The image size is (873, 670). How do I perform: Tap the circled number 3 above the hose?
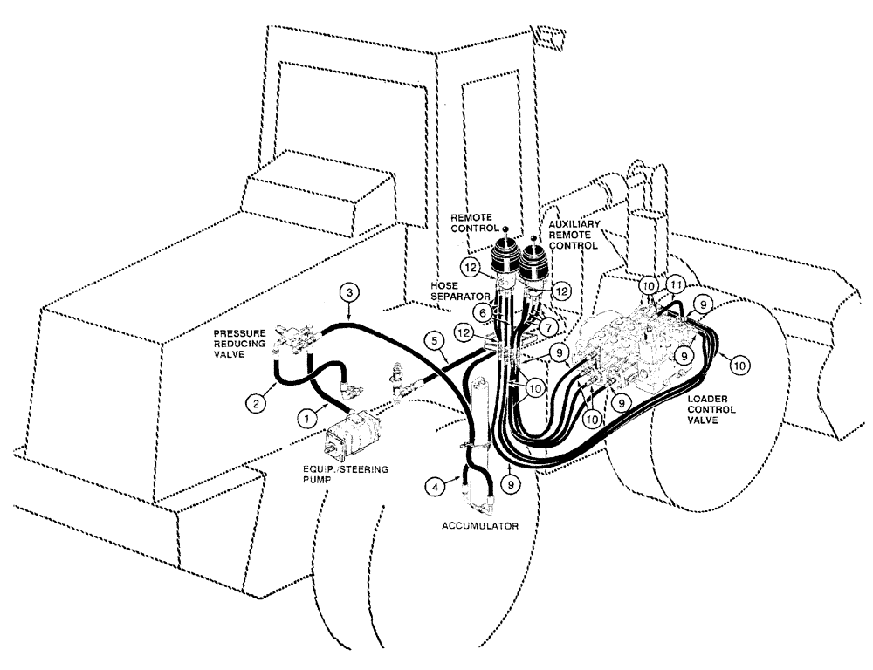point(348,291)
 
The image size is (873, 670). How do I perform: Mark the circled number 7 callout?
point(547,325)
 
